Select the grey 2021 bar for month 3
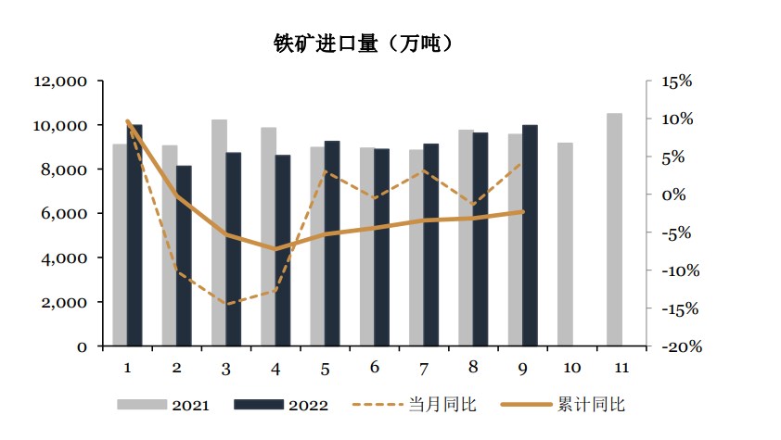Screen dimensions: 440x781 219,233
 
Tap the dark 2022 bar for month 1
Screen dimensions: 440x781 135,235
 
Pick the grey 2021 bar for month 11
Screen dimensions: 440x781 614,230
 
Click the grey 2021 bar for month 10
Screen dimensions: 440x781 565,245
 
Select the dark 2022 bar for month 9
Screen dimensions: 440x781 530,235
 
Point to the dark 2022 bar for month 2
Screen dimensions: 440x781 185,256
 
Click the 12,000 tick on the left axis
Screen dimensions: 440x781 60,82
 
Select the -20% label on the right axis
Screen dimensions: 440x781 673,346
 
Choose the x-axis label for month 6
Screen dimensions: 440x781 374,368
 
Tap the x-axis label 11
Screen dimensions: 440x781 621,368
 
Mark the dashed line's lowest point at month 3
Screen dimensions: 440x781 225,304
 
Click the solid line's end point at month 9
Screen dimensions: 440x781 522,211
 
